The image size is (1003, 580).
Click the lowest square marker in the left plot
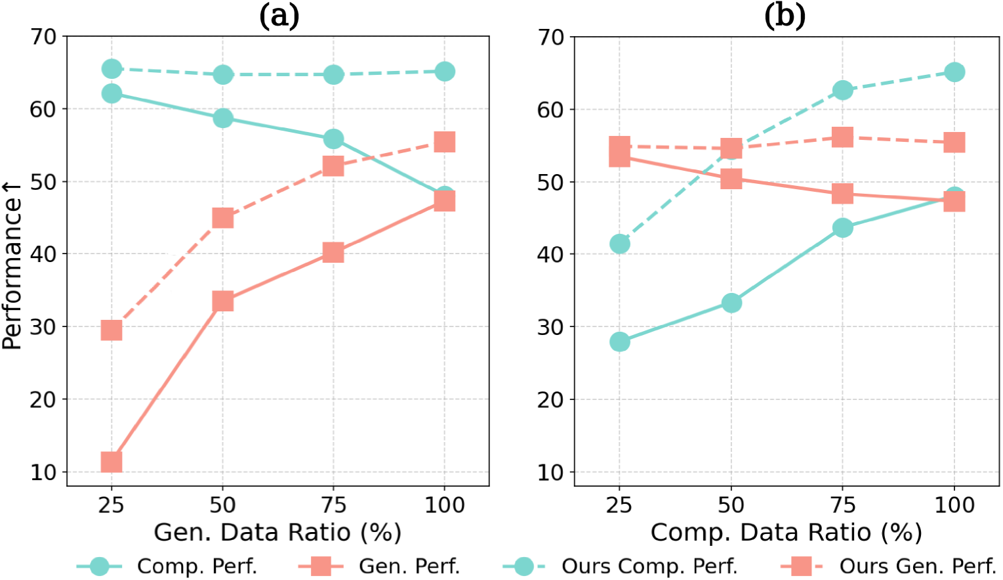[x=112, y=462]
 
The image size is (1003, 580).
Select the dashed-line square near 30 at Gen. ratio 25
[x=112, y=330]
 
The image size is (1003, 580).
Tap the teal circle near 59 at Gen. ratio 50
[x=223, y=118]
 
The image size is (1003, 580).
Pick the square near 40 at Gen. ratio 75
[x=333, y=252]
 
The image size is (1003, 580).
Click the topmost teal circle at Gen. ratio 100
[x=445, y=72]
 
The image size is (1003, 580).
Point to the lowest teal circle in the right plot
[x=620, y=342]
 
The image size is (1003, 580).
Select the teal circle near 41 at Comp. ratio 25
[x=620, y=244]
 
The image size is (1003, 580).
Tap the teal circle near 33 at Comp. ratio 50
[x=731, y=303]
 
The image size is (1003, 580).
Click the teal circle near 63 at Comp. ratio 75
[x=843, y=90]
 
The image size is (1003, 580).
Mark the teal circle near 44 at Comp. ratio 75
[x=843, y=228]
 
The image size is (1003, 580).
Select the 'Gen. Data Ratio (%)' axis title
[x=277, y=532]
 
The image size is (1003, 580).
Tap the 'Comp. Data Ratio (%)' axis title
[x=786, y=532]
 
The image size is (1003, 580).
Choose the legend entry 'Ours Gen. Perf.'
[x=918, y=566]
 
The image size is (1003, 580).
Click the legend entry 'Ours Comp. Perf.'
[x=649, y=566]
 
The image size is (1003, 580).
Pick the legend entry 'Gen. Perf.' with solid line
[x=409, y=566]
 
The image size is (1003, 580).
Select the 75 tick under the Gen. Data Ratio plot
[x=333, y=504]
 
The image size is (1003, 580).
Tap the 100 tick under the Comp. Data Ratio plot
[x=954, y=504]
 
